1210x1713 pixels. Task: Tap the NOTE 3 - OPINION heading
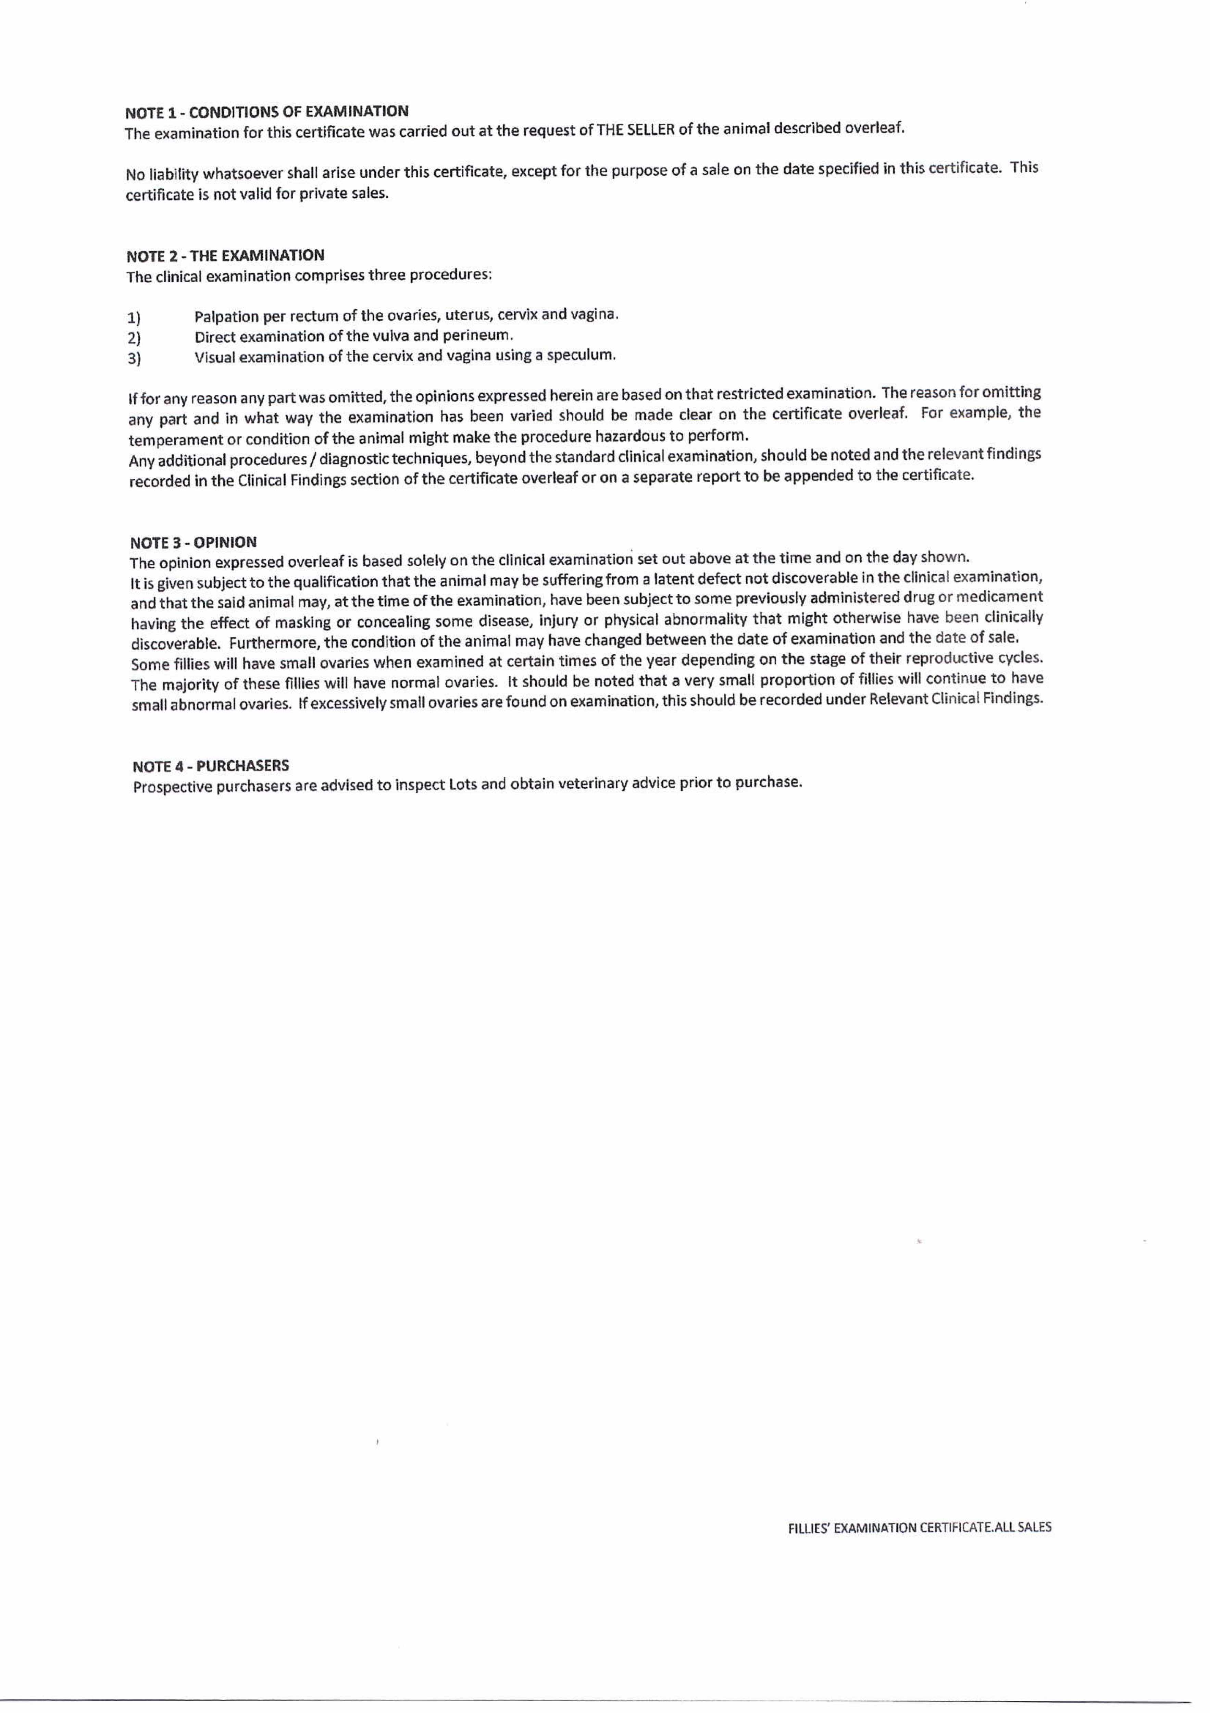click(193, 542)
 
